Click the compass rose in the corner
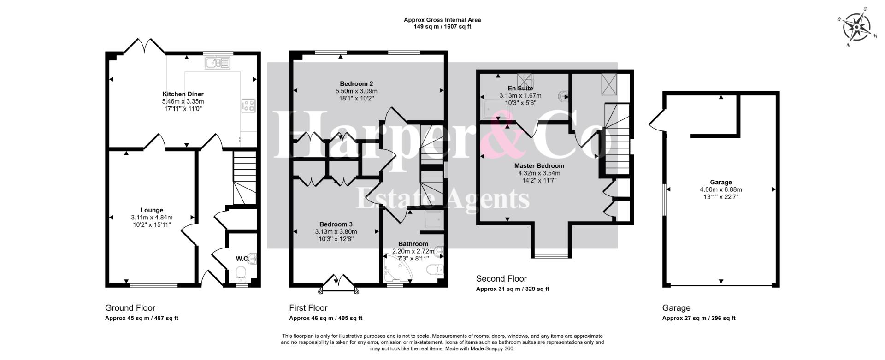click(857, 27)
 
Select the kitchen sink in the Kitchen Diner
click(218, 63)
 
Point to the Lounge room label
click(152, 210)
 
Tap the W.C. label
click(243, 259)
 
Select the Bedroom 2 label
click(356, 83)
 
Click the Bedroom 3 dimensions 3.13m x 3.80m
click(336, 232)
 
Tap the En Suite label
click(520, 88)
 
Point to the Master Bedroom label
click(539, 166)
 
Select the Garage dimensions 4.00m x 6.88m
click(721, 189)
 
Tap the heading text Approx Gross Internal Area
click(442, 20)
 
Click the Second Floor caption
click(501, 278)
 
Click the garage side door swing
click(656, 121)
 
